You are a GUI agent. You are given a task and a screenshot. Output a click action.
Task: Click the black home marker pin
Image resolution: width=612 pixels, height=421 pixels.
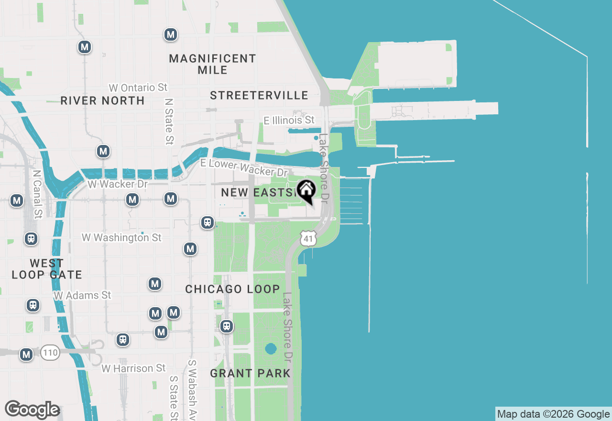[x=306, y=190]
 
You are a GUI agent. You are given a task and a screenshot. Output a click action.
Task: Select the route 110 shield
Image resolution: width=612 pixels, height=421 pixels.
[x=50, y=354]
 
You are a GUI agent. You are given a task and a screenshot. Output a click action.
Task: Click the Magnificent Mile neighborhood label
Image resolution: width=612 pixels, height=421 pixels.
[x=213, y=64]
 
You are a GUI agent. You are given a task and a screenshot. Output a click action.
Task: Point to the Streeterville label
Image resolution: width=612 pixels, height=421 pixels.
[x=259, y=95]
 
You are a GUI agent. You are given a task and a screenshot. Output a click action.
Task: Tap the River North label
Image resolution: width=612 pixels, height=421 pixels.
[x=102, y=100]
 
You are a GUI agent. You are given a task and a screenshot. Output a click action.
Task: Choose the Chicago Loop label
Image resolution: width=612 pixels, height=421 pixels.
[x=232, y=289]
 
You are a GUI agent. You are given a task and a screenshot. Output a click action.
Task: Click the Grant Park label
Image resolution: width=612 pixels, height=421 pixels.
[x=250, y=373]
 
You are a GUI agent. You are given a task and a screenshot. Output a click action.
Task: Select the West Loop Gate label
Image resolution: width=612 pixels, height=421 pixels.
[x=46, y=269]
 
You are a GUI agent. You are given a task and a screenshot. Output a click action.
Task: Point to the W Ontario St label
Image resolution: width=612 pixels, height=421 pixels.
[x=138, y=88]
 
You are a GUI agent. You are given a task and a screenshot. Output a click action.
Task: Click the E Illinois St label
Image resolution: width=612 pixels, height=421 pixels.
[x=289, y=120]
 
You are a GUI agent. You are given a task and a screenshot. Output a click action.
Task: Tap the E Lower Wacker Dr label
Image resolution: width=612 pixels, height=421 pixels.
[x=244, y=167]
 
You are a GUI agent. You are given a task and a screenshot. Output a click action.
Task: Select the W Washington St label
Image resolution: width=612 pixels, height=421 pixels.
[x=121, y=237]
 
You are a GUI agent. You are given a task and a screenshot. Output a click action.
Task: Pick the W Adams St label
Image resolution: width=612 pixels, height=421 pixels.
[x=82, y=295]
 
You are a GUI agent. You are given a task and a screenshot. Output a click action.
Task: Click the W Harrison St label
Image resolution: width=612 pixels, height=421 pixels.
[x=133, y=368]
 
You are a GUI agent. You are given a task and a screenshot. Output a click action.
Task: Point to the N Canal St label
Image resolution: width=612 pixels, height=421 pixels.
[x=37, y=194]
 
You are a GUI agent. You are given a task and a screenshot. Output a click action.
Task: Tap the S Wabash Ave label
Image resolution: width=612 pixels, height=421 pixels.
[x=192, y=388]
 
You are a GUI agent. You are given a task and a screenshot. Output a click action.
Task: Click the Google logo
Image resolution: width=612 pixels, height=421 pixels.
[x=32, y=410]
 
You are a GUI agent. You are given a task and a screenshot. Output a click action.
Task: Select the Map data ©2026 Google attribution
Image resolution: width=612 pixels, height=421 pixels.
[x=553, y=414]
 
